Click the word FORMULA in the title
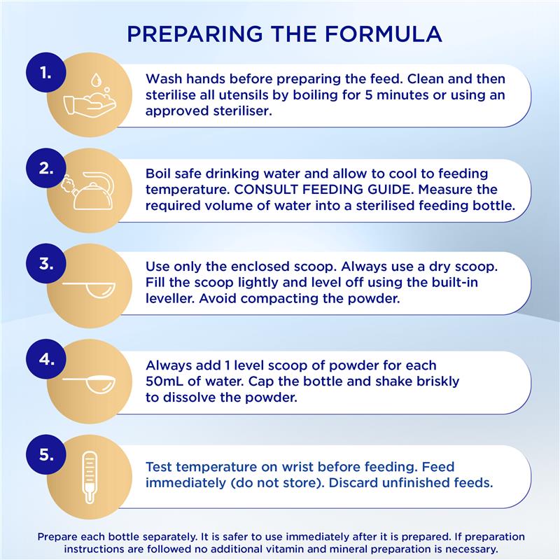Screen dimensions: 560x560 pos(383,34)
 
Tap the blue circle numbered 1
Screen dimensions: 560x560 pos(46,73)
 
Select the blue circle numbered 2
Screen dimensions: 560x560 pos(46,168)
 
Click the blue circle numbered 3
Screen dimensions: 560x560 pos(46,264)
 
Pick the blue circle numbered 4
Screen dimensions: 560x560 pos(46,358)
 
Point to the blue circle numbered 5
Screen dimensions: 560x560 pos(46,454)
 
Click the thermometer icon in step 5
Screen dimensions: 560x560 pos(90,477)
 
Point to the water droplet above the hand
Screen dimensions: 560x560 pos(95,80)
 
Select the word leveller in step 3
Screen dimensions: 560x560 pos(170,298)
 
